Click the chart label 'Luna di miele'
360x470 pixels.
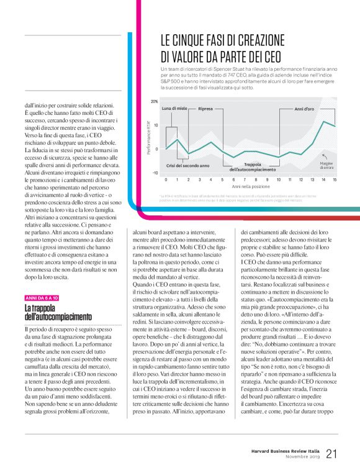[x=174, y=109]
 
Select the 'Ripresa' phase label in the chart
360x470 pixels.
[x=205, y=109]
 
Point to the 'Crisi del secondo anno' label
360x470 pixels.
[x=188, y=165]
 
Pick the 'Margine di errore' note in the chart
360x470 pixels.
[x=326, y=165]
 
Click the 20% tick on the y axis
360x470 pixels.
[x=155, y=101]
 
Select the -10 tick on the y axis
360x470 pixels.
[x=155, y=173]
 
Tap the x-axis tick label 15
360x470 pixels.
[x=335, y=179]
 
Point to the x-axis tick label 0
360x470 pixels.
[x=166, y=179]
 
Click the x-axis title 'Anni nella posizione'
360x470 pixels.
[x=250, y=186]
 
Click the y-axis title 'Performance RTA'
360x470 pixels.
[x=148, y=138]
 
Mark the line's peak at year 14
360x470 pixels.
[x=323, y=121]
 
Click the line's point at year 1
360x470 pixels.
[x=177, y=140]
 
